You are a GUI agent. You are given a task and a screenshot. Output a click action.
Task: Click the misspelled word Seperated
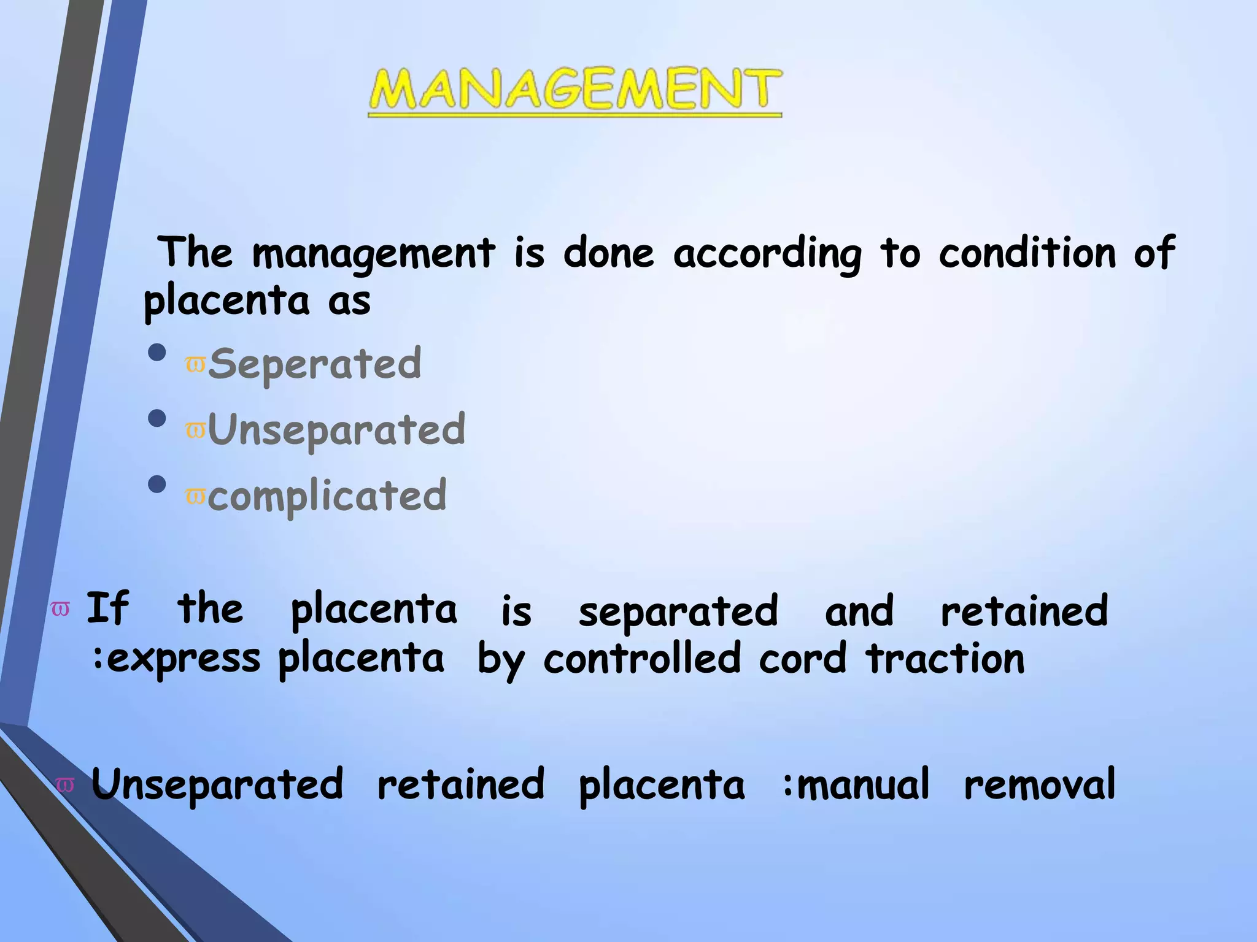point(315,364)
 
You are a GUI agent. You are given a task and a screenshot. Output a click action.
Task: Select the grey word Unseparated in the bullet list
point(337,430)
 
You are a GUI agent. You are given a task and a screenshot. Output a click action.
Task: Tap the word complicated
point(327,496)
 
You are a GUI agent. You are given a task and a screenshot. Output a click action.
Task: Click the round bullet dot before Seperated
point(157,353)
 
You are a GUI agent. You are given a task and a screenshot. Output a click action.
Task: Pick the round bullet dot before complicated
point(157,484)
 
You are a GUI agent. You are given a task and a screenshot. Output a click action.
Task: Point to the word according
point(767,253)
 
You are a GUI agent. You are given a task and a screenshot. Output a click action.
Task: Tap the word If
point(107,608)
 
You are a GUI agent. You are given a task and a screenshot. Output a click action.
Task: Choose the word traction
point(945,659)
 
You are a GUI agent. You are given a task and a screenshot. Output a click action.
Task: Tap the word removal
point(1039,784)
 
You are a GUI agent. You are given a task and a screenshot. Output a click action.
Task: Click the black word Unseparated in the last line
point(217,784)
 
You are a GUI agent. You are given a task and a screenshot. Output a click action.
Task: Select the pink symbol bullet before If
point(60,609)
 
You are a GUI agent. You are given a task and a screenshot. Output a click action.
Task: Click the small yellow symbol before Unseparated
point(195,431)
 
